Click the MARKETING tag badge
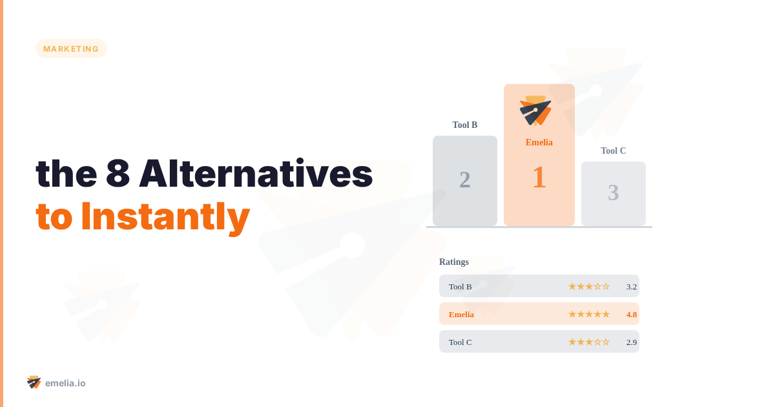coord(71,48)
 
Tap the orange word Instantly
coord(165,217)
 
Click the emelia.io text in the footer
coord(65,383)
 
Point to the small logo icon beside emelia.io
coord(34,382)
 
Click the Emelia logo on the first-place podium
coord(535,110)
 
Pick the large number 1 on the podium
coord(539,178)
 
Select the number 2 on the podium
coord(465,180)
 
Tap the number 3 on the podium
coord(614,193)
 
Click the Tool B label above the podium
coord(465,125)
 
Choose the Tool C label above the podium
coord(614,151)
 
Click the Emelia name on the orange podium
coord(539,142)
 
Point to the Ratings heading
coord(454,262)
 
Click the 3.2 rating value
coord(632,286)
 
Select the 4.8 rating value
coord(632,314)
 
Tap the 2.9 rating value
coord(632,342)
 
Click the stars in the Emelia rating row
coord(589,314)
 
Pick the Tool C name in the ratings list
coord(460,342)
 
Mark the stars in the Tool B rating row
coord(589,286)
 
